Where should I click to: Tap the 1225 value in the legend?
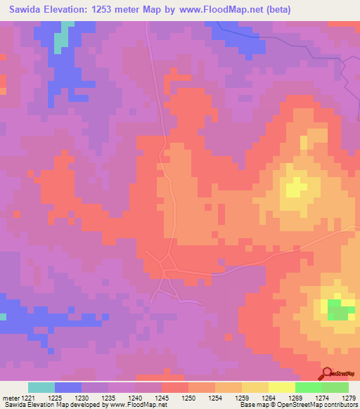[55, 397]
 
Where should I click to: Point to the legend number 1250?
[188, 397]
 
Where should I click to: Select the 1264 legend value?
[269, 397]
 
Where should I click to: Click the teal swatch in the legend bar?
[41, 387]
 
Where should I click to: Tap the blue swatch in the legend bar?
[68, 387]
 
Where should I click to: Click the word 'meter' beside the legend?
[9, 397]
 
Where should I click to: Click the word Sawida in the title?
[27, 10]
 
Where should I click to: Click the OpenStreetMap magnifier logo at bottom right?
[328, 373]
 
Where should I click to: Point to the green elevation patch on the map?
[340, 309]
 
